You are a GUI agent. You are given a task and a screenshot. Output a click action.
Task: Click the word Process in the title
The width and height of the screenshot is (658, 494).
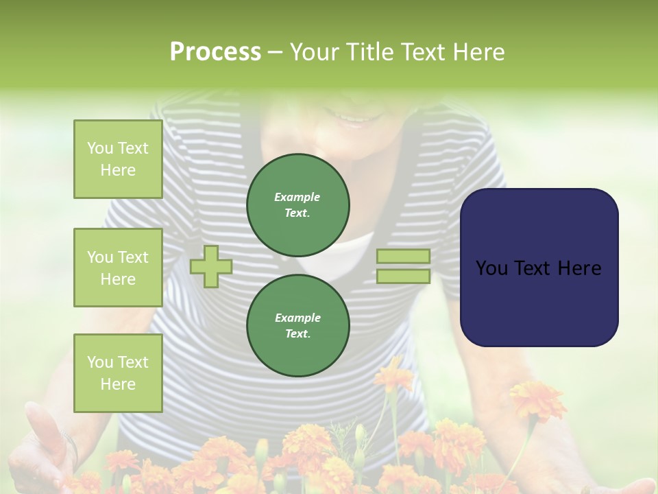[x=215, y=52]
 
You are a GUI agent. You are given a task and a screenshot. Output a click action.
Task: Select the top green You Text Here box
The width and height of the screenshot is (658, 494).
[x=118, y=159]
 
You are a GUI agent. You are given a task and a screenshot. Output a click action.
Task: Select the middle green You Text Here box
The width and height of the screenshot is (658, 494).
[x=118, y=268]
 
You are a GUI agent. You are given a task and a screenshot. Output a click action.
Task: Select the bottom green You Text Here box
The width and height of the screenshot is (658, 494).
[x=118, y=373]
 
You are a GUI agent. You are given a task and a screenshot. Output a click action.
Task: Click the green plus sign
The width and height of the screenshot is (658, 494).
[x=211, y=266]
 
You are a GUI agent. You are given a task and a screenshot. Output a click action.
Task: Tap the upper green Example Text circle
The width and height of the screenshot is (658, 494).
[x=298, y=205]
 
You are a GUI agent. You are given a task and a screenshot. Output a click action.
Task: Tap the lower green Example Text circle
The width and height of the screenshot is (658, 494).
[x=298, y=326]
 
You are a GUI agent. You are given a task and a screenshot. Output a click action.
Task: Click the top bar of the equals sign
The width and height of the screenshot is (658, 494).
[x=403, y=257]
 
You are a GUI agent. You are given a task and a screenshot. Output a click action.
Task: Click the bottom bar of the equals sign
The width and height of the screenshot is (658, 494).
[x=403, y=277]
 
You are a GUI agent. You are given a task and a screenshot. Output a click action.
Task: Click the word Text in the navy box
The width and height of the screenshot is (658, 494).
[x=539, y=268]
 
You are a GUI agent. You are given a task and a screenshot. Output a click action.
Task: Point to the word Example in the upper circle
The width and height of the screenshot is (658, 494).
[x=297, y=197]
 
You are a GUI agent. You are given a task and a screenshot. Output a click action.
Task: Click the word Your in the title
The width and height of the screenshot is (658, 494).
[x=312, y=52]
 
